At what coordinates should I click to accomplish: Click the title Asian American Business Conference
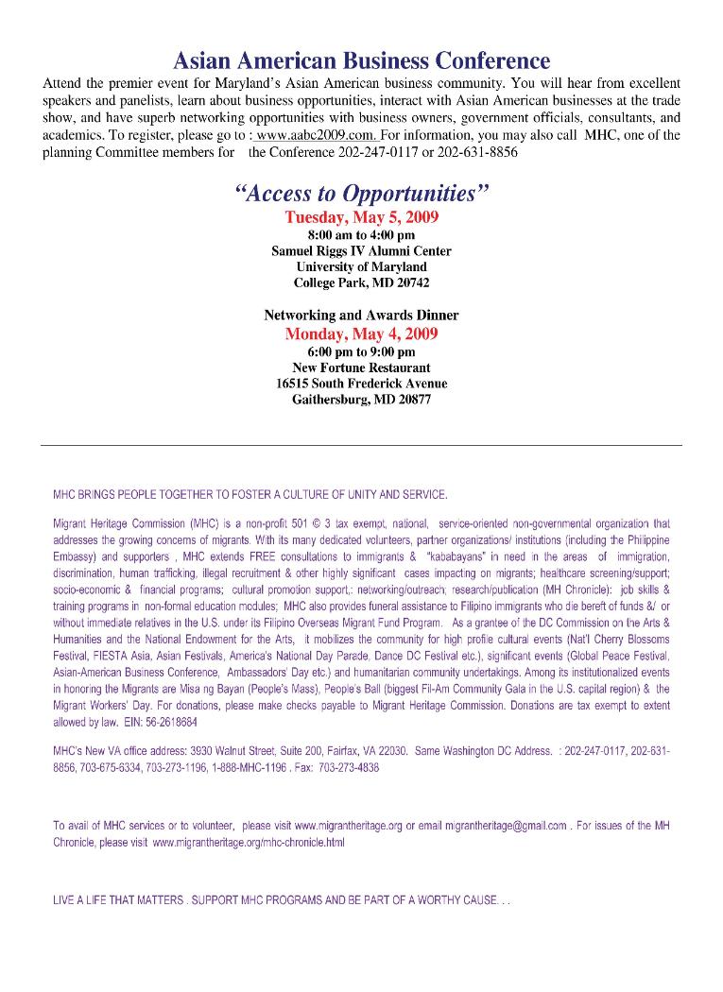(x=361, y=61)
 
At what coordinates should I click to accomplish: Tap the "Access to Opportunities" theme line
(x=361, y=195)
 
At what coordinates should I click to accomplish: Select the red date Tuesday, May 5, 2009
(x=361, y=217)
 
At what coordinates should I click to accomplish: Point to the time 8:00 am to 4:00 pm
(x=361, y=234)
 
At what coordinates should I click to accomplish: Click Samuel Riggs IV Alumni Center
(x=361, y=251)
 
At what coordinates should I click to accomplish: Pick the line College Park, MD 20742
(x=361, y=283)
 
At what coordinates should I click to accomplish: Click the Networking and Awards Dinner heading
(x=361, y=316)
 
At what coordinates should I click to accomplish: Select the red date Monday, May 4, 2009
(x=361, y=334)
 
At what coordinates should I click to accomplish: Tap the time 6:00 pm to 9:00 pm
(x=361, y=351)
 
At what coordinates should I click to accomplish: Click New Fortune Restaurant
(x=361, y=368)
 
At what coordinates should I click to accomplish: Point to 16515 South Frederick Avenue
(x=361, y=384)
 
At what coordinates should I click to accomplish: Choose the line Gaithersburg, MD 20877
(x=361, y=400)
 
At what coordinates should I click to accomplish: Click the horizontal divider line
(x=361, y=445)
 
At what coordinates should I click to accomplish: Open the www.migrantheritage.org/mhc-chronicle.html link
(x=249, y=842)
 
